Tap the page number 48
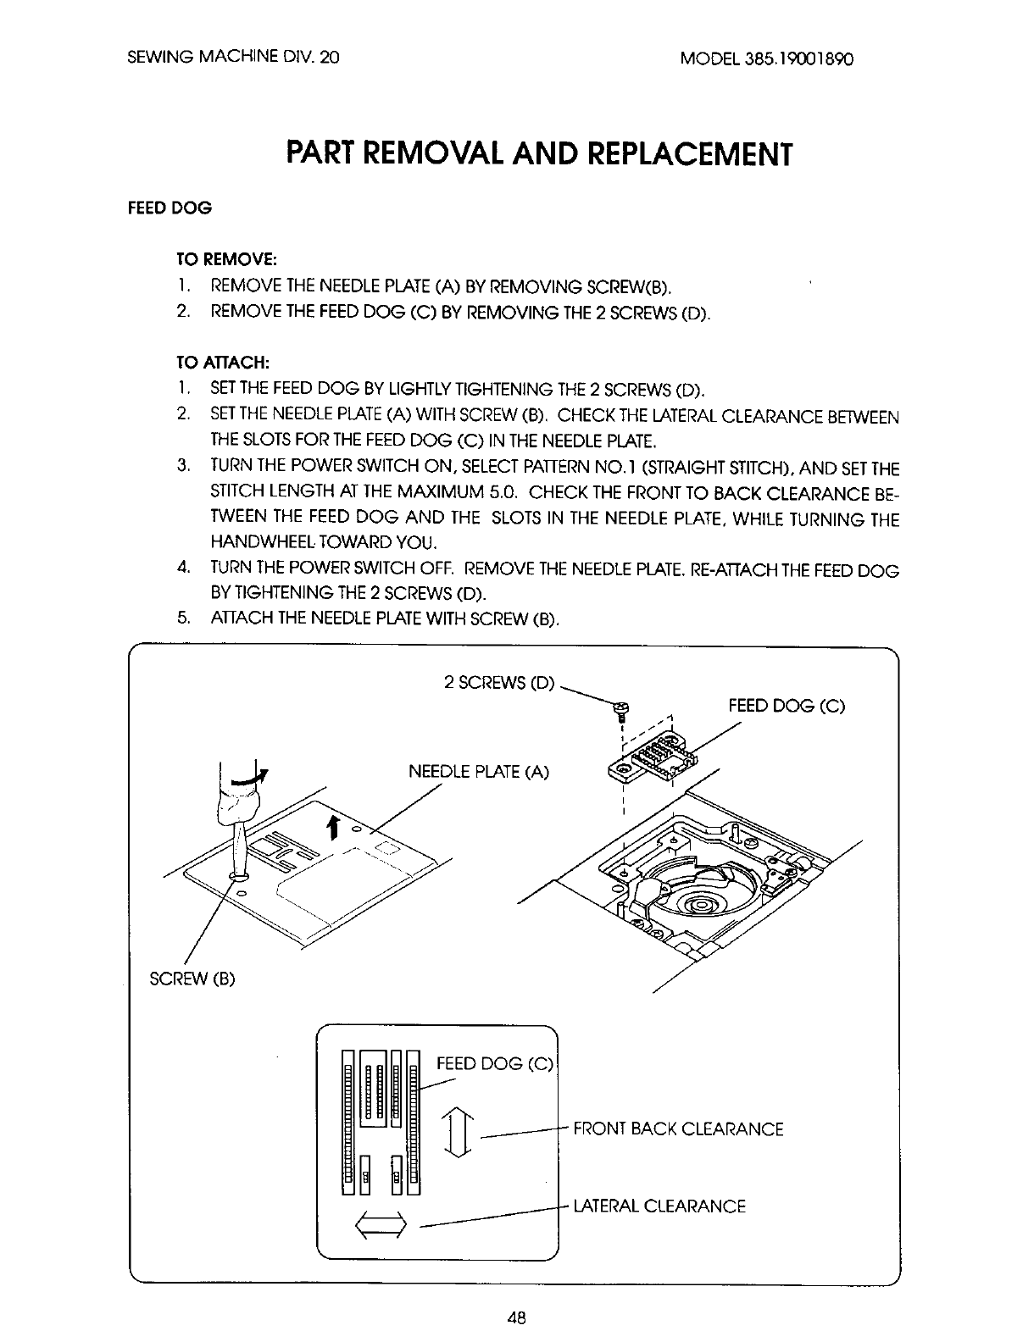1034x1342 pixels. pos(516,1316)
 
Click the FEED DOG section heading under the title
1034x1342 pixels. pos(170,208)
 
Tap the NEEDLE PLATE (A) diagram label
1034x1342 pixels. pos(479,772)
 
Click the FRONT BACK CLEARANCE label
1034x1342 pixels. pos(678,1128)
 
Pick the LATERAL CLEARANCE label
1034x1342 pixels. pos(659,1206)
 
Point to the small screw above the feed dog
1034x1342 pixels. pos(621,711)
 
